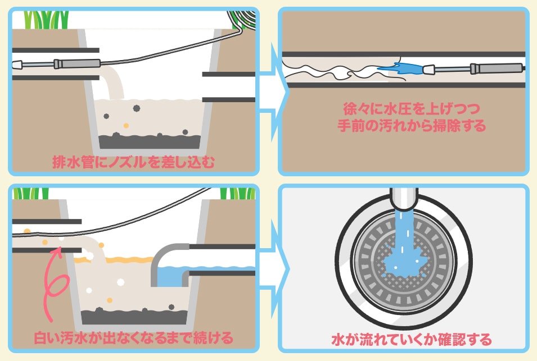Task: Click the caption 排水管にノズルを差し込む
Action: pyautogui.click(x=133, y=162)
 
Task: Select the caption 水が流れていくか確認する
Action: pyautogui.click(x=404, y=339)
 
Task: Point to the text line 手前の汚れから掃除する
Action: pyautogui.click(x=404, y=125)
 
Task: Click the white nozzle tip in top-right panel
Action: pyautogui.click(x=429, y=70)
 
